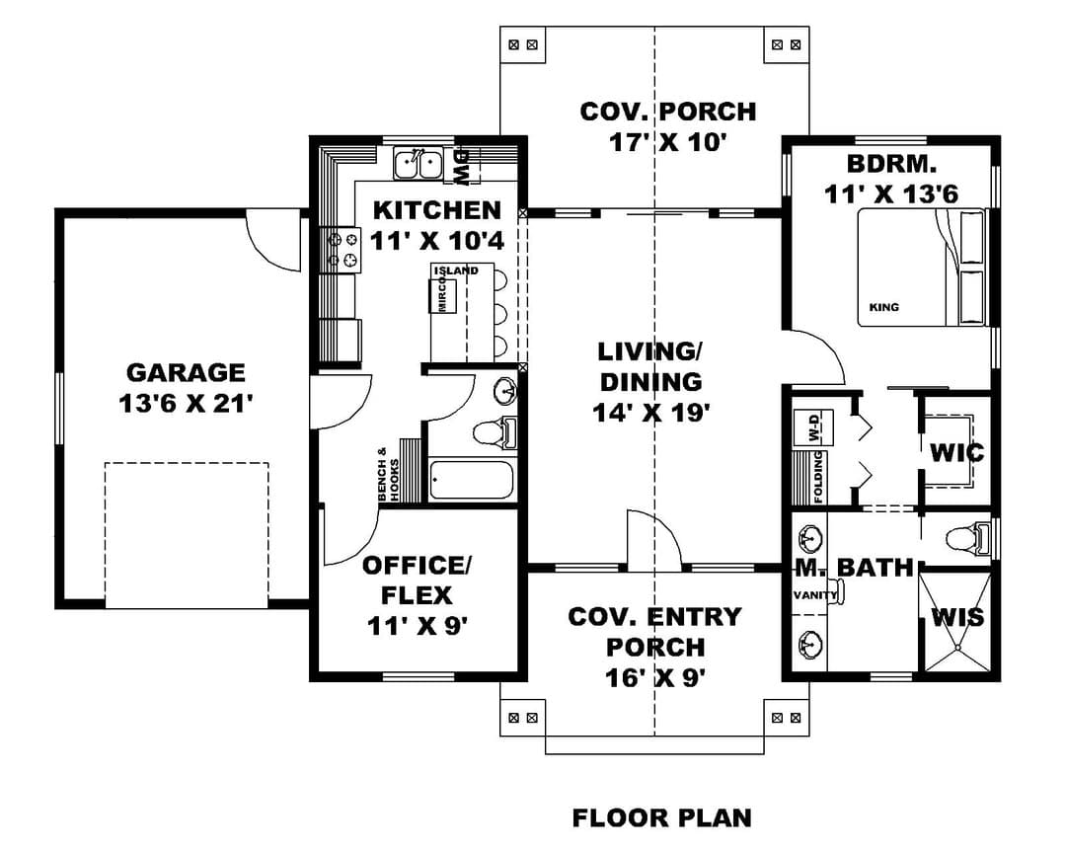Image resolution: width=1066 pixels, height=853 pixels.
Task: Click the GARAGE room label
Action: pyautogui.click(x=186, y=372)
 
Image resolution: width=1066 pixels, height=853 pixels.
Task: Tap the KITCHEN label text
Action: pyautogui.click(x=437, y=210)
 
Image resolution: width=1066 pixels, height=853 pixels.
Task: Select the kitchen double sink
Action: pyautogui.click(x=419, y=164)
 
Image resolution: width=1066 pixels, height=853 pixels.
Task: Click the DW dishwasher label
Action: pyautogui.click(x=462, y=167)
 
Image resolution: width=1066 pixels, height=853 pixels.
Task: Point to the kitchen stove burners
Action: pyautogui.click(x=342, y=249)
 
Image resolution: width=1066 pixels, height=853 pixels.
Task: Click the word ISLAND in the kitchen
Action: pyautogui.click(x=456, y=271)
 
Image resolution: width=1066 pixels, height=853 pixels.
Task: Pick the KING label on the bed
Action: pyautogui.click(x=883, y=307)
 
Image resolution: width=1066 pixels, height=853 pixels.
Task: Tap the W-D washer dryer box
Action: pyautogui.click(x=813, y=427)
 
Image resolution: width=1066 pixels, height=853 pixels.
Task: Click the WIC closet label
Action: pyautogui.click(x=956, y=451)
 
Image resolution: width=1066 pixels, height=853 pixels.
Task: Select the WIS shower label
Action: pyautogui.click(x=957, y=617)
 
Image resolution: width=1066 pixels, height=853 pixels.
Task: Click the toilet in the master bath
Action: pyautogui.click(x=968, y=537)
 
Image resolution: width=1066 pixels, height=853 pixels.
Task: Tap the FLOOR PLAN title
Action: pyautogui.click(x=662, y=816)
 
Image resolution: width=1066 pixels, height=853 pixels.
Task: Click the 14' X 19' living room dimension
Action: pyautogui.click(x=651, y=413)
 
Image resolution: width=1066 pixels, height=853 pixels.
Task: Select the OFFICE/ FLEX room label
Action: pyautogui.click(x=417, y=580)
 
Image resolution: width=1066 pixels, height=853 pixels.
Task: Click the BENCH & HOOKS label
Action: pyautogui.click(x=388, y=475)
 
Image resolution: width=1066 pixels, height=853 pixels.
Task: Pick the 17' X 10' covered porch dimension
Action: pyautogui.click(x=668, y=142)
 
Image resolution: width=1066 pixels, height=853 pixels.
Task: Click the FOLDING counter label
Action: pyautogui.click(x=818, y=477)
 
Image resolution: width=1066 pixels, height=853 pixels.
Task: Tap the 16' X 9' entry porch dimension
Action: pyautogui.click(x=654, y=677)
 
